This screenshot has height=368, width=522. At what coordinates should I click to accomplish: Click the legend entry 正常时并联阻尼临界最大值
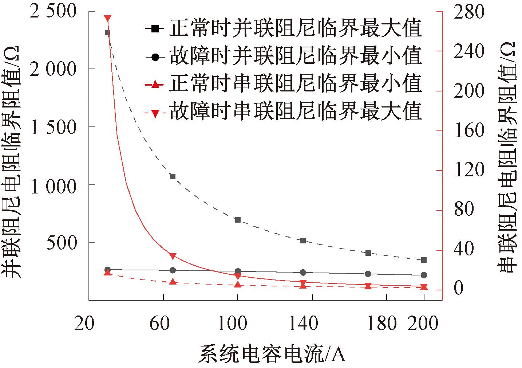point(284,28)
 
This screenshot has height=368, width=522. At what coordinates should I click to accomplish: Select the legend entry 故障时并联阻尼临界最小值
point(284,56)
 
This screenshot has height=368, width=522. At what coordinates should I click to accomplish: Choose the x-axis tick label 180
point(381,323)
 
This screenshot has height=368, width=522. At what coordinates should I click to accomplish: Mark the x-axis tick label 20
point(84,323)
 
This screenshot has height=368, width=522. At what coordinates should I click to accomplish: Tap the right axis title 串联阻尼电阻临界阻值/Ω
point(507,157)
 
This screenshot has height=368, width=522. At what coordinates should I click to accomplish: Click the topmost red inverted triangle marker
point(107,18)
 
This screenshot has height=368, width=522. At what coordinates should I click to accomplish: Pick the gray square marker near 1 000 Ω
point(173,177)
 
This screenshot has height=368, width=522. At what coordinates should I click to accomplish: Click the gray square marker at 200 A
point(424,260)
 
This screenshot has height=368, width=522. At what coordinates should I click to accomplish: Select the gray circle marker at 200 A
point(424,275)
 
